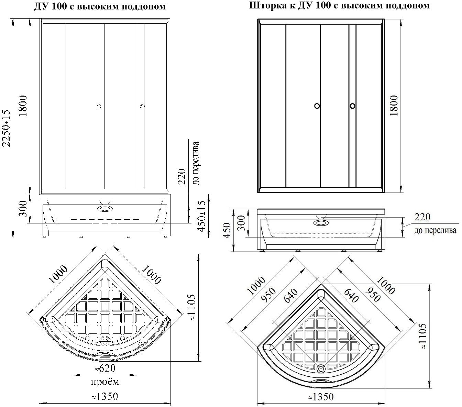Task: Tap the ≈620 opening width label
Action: pyautogui.click(x=105, y=368)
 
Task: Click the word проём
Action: pyautogui.click(x=105, y=382)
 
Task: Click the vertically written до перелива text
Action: pyautogui.click(x=196, y=163)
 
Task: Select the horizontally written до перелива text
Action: pyautogui.click(x=435, y=230)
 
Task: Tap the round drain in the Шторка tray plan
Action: pyautogui.click(x=321, y=367)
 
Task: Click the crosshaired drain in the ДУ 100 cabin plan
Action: pyautogui.click(x=104, y=341)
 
